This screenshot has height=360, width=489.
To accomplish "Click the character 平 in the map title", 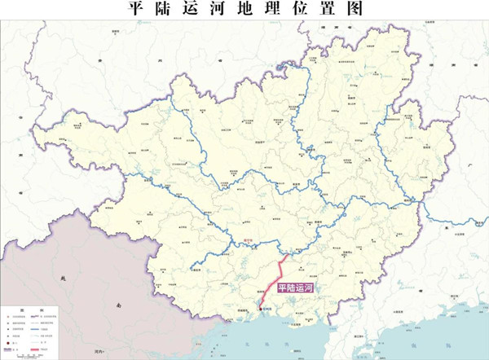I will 138,9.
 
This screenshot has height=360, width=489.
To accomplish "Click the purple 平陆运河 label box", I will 295,288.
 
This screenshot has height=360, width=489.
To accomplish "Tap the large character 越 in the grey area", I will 64,278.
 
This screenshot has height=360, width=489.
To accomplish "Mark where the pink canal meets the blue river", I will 284,254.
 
